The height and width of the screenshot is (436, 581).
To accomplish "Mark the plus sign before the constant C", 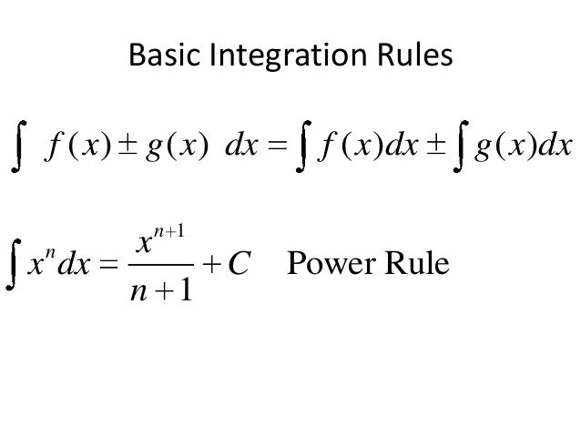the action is tap(212, 267).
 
